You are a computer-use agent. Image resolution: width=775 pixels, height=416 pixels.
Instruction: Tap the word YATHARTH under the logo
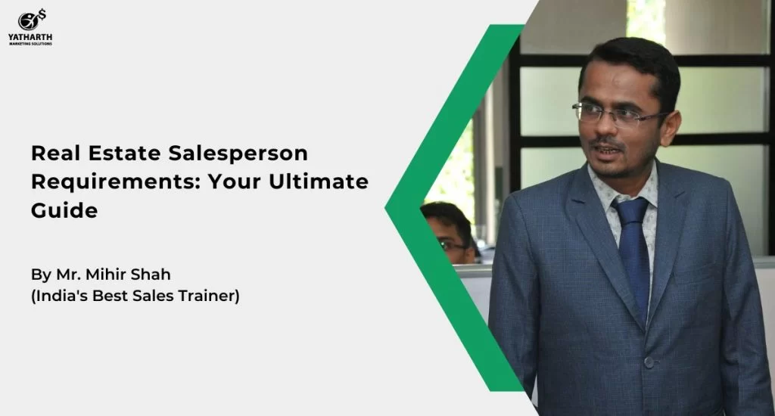[x=30, y=37]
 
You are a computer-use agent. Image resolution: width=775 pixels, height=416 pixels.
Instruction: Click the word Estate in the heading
[x=124, y=153]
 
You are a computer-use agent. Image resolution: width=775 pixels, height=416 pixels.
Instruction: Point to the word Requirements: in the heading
[x=116, y=182]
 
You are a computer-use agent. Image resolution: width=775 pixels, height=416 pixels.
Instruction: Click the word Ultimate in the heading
[x=319, y=182]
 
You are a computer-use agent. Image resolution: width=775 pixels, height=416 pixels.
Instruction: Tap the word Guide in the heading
[x=64, y=210]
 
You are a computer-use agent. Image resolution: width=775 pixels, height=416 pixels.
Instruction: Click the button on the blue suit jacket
[x=649, y=362]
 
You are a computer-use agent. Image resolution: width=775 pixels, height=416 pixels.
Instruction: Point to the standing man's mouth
[x=608, y=151]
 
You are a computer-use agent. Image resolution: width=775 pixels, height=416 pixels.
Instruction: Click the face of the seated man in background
[x=450, y=238]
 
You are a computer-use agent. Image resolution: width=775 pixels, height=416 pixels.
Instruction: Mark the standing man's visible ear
[x=671, y=129]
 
